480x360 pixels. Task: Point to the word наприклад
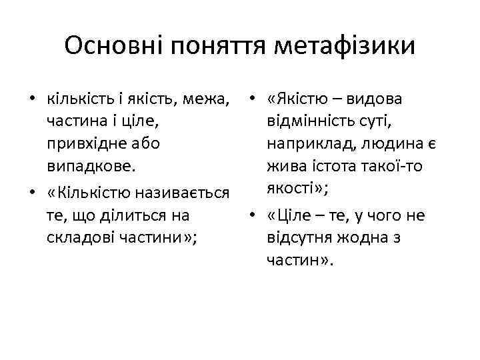tap(306, 143)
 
